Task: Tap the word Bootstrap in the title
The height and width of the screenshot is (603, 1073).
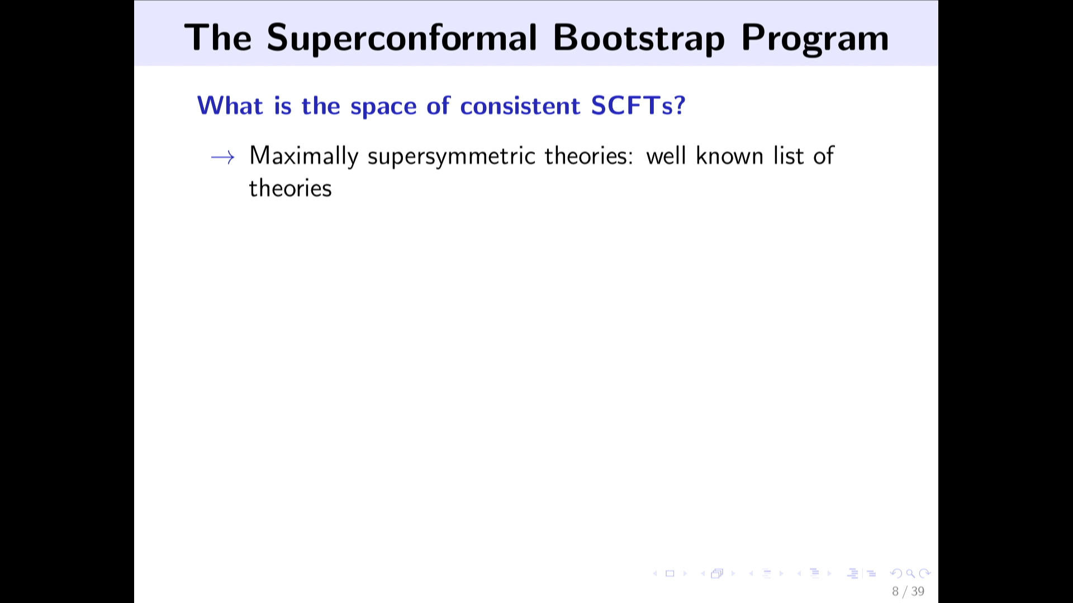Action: tap(638, 38)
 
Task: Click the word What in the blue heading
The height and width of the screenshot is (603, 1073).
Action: tap(230, 105)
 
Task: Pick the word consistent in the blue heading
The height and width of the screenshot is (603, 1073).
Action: tap(520, 106)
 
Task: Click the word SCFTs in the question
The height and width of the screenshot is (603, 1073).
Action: tap(633, 105)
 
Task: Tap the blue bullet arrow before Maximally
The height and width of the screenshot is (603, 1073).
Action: tap(222, 158)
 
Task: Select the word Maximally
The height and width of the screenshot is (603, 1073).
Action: tap(303, 156)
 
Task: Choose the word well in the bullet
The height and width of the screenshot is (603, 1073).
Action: tap(666, 155)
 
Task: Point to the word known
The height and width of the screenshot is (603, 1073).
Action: tap(729, 155)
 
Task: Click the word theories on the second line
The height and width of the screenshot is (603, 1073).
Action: tap(291, 188)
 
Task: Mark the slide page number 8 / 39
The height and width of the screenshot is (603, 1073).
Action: tap(908, 591)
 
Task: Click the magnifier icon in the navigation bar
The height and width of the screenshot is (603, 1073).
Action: tap(910, 573)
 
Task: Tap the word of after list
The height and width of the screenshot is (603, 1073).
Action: tap(824, 155)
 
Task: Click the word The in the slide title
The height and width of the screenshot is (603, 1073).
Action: tap(218, 38)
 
